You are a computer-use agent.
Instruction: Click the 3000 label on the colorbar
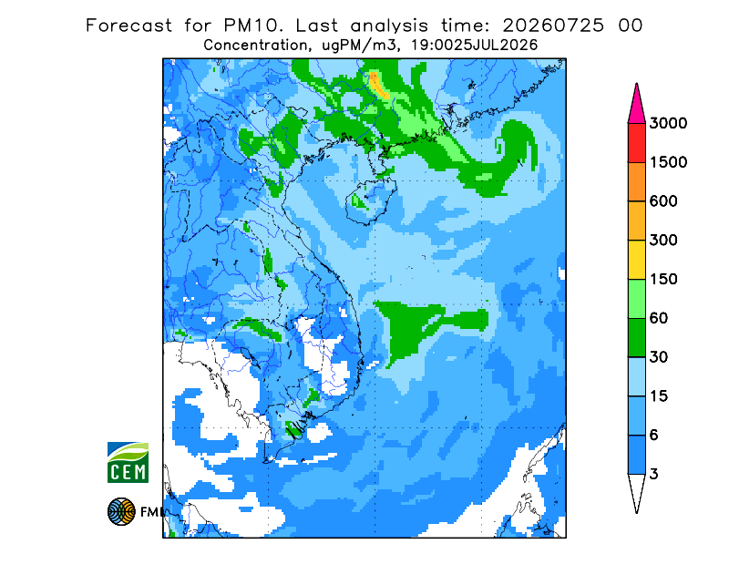pos(668,123)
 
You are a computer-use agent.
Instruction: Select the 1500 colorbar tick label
pos(668,162)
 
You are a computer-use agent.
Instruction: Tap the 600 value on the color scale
pos(663,201)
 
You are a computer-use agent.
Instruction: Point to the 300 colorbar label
pos(663,241)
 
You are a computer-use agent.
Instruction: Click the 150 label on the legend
pos(663,280)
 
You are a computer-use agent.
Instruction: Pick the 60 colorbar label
pos(659,319)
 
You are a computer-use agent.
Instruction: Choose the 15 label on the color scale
pos(659,396)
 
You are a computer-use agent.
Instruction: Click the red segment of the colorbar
pos(636,143)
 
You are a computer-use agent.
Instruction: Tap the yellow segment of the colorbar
pos(636,260)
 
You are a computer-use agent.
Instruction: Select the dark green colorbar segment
pos(636,338)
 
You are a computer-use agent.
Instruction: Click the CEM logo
pos(128,462)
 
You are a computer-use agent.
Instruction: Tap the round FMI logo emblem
pos(121,511)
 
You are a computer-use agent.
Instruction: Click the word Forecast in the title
pos(128,26)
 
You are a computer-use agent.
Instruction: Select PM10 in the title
pos(253,26)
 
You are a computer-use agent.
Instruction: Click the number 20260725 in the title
pos(553,26)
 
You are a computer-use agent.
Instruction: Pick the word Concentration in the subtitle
pos(255,46)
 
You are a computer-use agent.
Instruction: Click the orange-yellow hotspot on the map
pos(378,85)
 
